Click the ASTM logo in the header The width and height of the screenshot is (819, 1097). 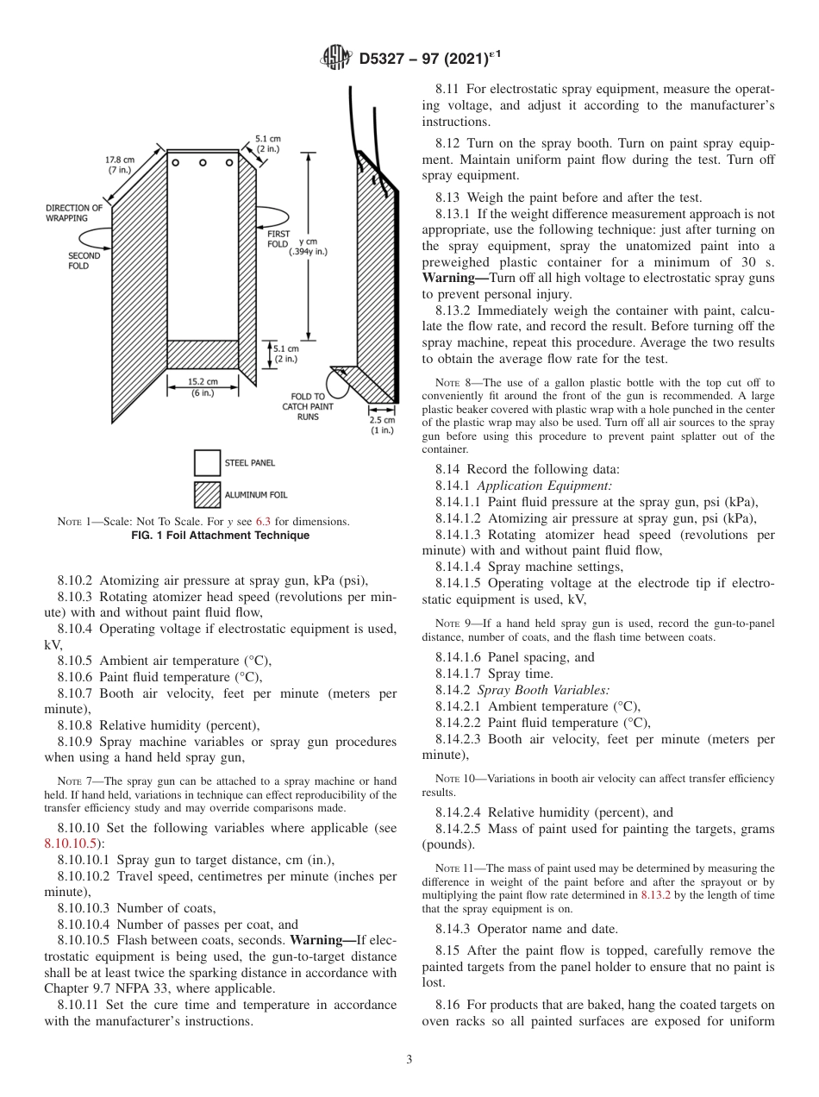pos(336,58)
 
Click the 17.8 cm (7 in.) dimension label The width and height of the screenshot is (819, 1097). pos(120,165)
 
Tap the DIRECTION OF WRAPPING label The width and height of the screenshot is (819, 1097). pos(73,213)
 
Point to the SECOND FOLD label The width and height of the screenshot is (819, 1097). pos(84,260)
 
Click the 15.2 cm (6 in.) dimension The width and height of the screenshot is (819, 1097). pos(203,386)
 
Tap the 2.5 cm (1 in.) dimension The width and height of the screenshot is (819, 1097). pos(383,424)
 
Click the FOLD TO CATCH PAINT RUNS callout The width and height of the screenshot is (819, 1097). pos(307,405)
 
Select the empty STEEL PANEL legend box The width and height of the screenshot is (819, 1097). pos(207,463)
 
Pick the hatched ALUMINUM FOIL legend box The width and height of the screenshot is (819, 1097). pos(207,495)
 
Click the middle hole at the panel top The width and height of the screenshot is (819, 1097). pos(203,162)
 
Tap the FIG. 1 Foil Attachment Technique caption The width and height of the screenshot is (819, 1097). pos(219,536)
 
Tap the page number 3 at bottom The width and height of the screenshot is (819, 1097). pos(409,1059)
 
